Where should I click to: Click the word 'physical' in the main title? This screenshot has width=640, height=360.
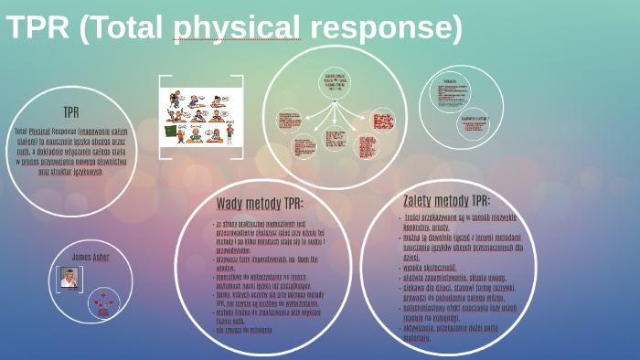(236, 28)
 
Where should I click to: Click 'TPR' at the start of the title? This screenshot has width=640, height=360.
(37, 28)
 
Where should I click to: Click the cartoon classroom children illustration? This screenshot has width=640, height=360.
(199, 117)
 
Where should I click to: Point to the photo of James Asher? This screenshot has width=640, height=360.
(69, 279)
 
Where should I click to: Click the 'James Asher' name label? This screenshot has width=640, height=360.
(90, 257)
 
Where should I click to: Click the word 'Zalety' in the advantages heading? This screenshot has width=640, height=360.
(424, 200)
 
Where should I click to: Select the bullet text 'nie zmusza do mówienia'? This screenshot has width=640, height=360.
(244, 330)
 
